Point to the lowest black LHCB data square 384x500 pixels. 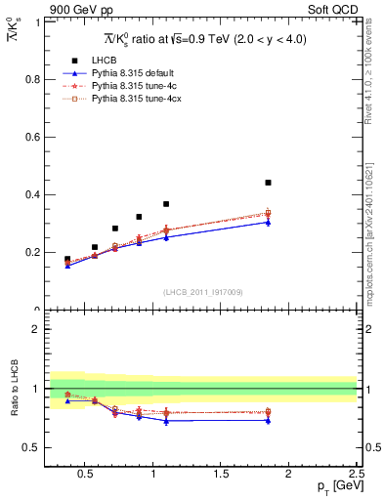[67, 259]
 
